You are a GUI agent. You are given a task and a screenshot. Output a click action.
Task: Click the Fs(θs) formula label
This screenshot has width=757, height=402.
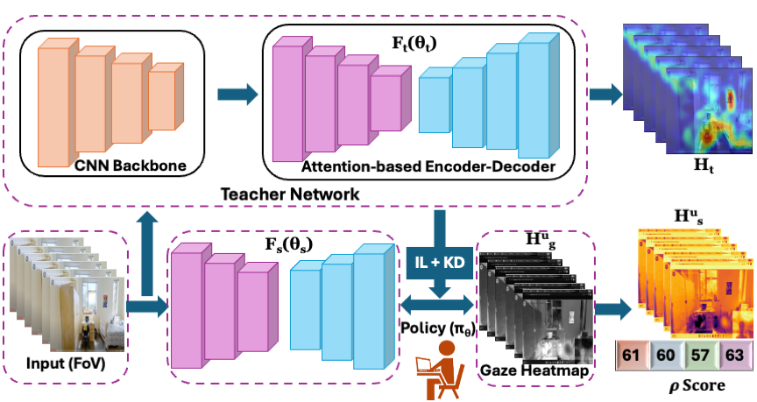click(289, 243)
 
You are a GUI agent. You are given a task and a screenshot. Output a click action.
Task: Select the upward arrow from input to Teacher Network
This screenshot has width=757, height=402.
click(146, 245)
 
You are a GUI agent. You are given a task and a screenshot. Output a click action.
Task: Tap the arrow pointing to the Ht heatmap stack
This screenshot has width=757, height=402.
click(603, 92)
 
